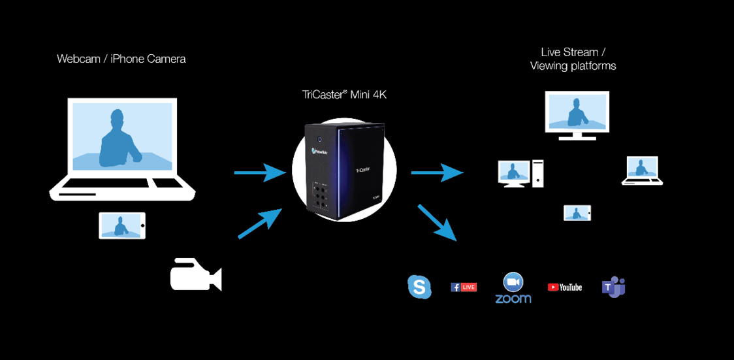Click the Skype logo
(x=419, y=287)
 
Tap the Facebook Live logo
(x=464, y=287)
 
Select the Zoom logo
(x=513, y=288)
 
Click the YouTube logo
(x=565, y=287)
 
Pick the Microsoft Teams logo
(x=613, y=287)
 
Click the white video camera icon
(x=195, y=275)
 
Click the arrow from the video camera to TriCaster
(x=260, y=223)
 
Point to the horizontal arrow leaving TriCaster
(x=436, y=173)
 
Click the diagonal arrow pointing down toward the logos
(x=436, y=221)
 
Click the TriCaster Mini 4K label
(x=345, y=95)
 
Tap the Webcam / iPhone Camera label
(x=121, y=59)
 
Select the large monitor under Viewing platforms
(x=577, y=112)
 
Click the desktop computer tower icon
(x=537, y=173)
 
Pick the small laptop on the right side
(x=642, y=170)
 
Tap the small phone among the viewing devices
(x=577, y=213)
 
